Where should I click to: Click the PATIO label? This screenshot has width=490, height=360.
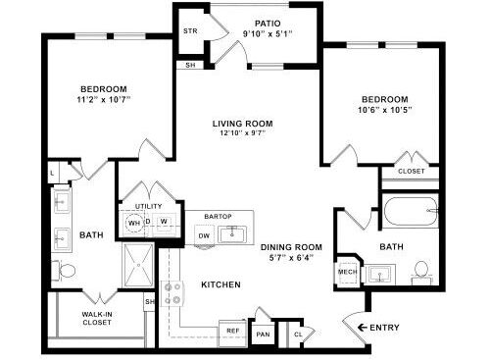(268, 24)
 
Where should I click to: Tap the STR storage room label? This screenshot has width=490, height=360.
(190, 31)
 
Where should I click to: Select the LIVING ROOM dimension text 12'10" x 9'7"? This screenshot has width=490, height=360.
(243, 132)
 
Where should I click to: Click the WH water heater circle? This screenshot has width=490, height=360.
(134, 223)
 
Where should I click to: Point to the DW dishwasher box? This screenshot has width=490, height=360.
(204, 234)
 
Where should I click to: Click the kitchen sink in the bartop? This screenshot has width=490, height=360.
(232, 234)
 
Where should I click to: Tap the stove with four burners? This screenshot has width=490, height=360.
(172, 293)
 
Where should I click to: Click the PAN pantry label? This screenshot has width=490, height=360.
(263, 334)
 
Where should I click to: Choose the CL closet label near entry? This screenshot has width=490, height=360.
(298, 334)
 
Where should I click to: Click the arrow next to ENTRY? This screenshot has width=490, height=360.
(363, 328)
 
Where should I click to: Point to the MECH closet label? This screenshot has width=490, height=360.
(348, 272)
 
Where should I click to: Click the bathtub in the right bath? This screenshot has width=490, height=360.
(411, 211)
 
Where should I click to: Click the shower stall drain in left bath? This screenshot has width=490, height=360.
(138, 265)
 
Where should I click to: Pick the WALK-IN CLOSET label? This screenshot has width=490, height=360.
(97, 319)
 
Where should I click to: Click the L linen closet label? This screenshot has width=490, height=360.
(52, 173)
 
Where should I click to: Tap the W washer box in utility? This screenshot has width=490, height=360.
(164, 222)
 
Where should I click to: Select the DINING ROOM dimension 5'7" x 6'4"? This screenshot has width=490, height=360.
(291, 257)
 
